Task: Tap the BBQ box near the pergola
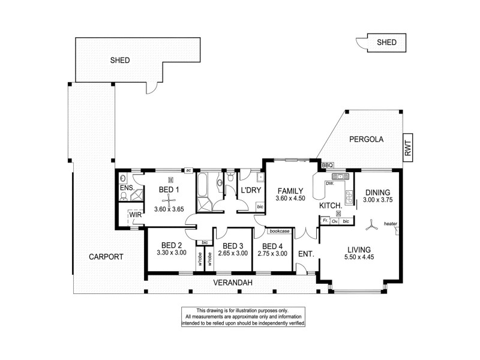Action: (x=327, y=165)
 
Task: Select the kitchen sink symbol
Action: (x=340, y=176)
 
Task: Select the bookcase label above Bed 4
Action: (x=279, y=230)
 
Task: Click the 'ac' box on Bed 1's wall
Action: (x=188, y=170)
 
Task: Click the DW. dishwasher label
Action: (x=329, y=184)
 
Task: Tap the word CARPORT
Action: (x=106, y=256)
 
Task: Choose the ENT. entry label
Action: (x=305, y=254)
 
